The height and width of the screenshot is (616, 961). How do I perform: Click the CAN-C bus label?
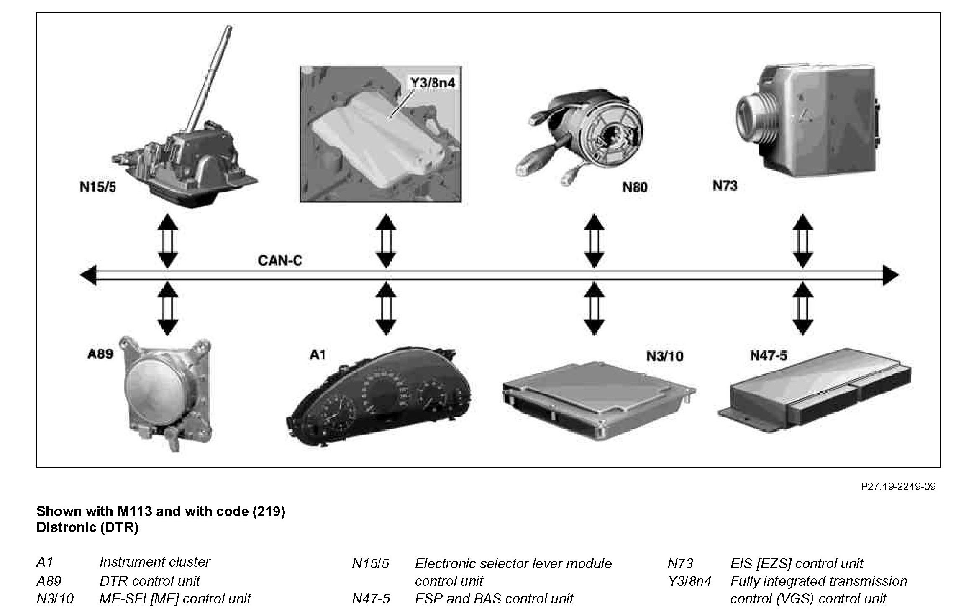pos(280,261)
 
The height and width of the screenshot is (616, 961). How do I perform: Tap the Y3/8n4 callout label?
pos(432,82)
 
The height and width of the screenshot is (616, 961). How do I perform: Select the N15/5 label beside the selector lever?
pos(98,186)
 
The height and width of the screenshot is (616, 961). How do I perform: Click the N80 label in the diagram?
pos(635,187)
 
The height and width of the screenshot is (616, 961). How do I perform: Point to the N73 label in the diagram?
pos(725,185)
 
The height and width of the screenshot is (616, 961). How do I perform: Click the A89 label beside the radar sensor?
pos(100,354)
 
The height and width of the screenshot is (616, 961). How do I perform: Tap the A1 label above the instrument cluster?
pos(317,355)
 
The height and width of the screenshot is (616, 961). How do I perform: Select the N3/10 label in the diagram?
pos(664,356)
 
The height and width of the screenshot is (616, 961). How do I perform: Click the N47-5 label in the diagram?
pos(768,355)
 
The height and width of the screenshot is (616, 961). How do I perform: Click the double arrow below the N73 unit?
pos(802,241)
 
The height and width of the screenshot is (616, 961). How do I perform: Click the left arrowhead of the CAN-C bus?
pos(87,275)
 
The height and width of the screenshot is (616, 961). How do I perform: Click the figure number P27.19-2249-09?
pos(898,486)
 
